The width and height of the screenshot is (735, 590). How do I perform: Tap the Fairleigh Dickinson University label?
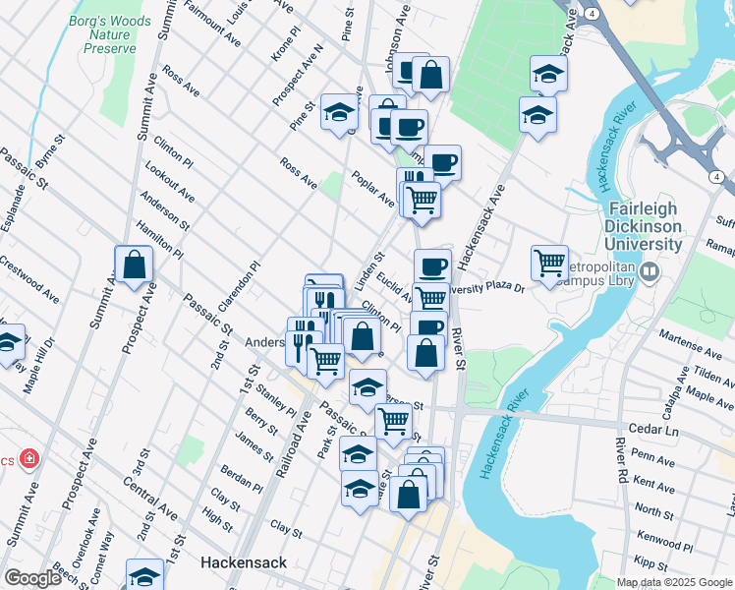pyautogui.click(x=645, y=225)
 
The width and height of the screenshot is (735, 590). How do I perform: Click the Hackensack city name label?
pyautogui.click(x=243, y=563)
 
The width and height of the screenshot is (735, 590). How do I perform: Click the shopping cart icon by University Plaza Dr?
pyautogui.click(x=549, y=264)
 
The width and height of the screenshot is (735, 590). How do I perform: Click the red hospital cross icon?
pyautogui.click(x=29, y=458)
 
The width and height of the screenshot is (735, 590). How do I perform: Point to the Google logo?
pyautogui.click(x=32, y=578)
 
